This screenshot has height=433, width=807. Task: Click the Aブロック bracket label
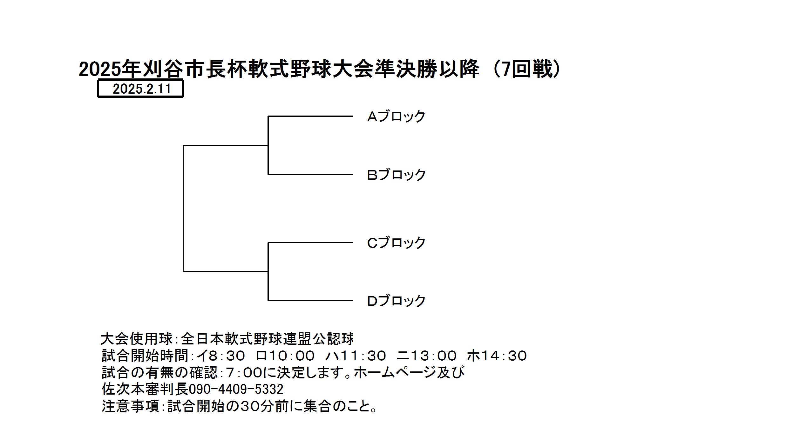coord(396,117)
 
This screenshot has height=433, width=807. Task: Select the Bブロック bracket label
coord(396,175)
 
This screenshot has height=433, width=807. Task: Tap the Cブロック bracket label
coord(396,243)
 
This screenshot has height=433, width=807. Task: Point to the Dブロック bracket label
coord(396,301)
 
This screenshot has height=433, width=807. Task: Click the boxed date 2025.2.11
coord(142,89)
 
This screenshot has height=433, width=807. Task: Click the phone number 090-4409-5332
coord(236,389)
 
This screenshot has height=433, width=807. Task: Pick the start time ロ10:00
coord(285,356)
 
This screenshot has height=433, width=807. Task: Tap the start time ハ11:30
coord(356,356)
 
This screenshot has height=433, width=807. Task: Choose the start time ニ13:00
coord(427,356)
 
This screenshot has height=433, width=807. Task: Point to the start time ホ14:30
coord(497,356)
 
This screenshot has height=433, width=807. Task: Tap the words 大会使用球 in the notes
coord(137,339)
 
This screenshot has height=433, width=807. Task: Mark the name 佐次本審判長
coord(145,389)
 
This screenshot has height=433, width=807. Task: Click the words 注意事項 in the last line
coord(130,406)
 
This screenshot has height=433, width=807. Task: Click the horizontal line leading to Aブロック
coord(311,116)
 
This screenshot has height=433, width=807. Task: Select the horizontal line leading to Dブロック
coord(311,300)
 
